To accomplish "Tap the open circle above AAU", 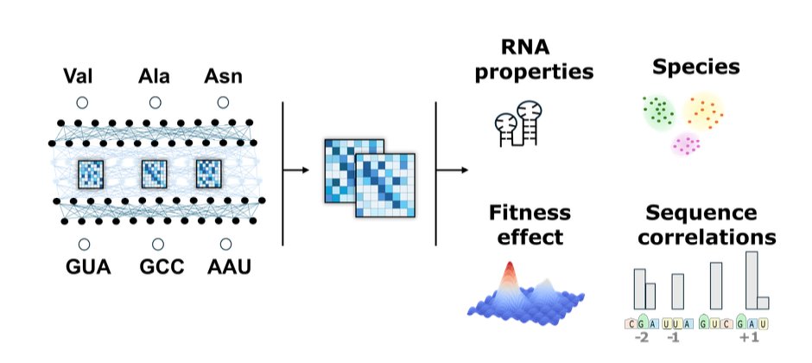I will (225, 244).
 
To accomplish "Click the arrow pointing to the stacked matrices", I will (298, 169).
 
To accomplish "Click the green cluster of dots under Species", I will (659, 113).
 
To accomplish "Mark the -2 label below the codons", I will (641, 338).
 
